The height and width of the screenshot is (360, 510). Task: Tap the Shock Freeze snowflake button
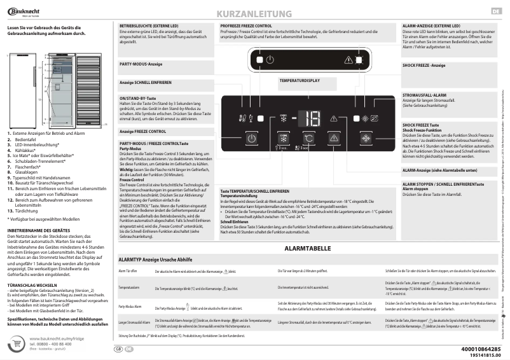pos(366,139)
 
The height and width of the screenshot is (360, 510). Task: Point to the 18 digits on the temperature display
pos(312,118)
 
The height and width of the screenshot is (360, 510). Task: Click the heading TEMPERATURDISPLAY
pos(299,81)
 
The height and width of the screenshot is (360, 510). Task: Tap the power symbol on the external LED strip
pos(270,59)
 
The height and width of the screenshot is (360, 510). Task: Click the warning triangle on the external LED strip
pos(349,59)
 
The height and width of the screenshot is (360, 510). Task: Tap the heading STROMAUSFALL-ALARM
pos(425,94)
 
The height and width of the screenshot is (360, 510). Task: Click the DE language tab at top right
pos(496,12)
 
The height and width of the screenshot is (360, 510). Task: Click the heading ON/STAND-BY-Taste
pos(138,99)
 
